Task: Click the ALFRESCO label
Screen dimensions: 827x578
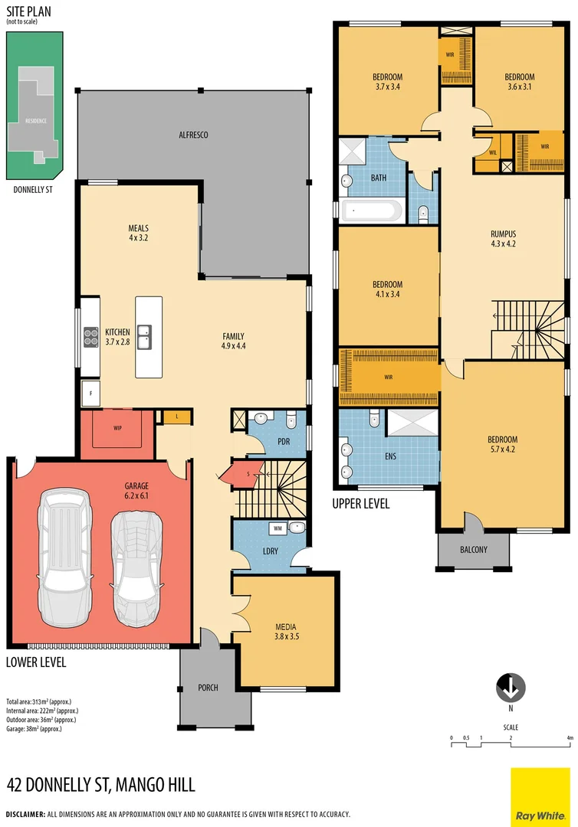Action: point(193,135)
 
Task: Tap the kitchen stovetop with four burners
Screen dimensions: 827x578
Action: point(90,333)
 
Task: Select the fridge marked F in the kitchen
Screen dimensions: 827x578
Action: point(91,393)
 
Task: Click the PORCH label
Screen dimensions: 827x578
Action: point(208,688)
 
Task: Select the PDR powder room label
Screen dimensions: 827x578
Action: point(283,442)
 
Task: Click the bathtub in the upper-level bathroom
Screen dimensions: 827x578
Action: point(372,211)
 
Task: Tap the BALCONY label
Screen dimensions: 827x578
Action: point(473,549)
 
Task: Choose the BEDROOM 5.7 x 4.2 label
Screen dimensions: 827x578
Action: point(502,445)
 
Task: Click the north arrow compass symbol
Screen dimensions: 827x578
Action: point(511,688)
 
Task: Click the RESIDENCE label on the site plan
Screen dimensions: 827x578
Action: point(35,121)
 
